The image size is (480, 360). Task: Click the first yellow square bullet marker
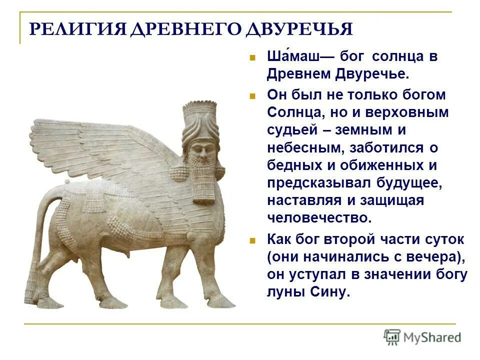pyautogui.click(x=253, y=57)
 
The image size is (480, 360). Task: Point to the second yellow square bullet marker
pyautogui.click(x=253, y=95)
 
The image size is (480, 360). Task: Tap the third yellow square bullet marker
pyautogui.click(x=253, y=239)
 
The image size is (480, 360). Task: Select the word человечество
pyautogui.click(x=319, y=218)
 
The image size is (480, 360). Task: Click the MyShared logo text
pyautogui.click(x=432, y=337)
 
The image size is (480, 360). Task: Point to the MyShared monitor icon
pyautogui.click(x=392, y=337)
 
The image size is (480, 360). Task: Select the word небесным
pyautogui.click(x=299, y=148)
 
